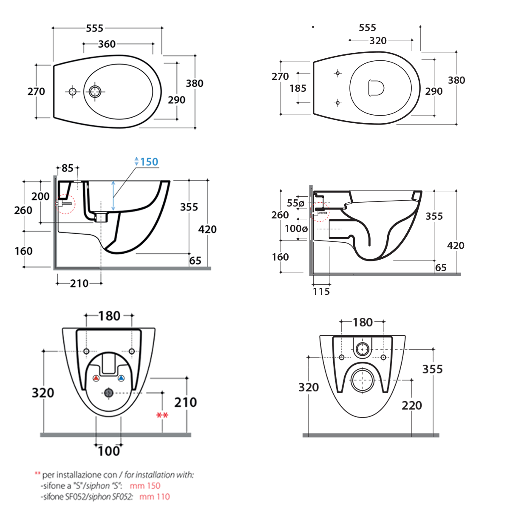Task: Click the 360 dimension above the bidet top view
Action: pyautogui.click(x=107, y=44)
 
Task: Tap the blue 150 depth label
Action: pyautogui.click(x=149, y=162)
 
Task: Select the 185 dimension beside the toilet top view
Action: pyautogui.click(x=297, y=88)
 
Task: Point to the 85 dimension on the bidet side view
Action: pyautogui.click(x=67, y=168)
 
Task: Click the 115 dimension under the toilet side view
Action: pyautogui.click(x=321, y=292)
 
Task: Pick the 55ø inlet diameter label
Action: pyautogui.click(x=295, y=203)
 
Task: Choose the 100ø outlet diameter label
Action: pyautogui.click(x=296, y=229)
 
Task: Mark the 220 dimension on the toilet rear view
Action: pyautogui.click(x=412, y=405)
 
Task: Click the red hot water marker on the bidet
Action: pyautogui.click(x=96, y=378)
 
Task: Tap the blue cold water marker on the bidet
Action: pyautogui.click(x=121, y=378)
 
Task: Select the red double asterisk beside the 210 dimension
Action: pyautogui.click(x=162, y=415)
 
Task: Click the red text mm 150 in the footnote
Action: pyautogui.click(x=145, y=486)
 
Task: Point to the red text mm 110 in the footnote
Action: pyautogui.click(x=155, y=496)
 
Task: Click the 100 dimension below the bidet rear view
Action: pyautogui.click(x=109, y=451)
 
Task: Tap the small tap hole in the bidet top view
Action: pyautogui.click(x=72, y=91)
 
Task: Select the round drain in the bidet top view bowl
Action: pyautogui.click(x=95, y=91)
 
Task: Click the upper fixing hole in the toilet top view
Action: pyautogui.click(x=338, y=73)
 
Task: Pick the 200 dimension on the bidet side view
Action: pyautogui.click(x=40, y=196)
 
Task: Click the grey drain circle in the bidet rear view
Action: pyautogui.click(x=109, y=393)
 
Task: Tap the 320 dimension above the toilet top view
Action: pyautogui.click(x=378, y=41)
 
